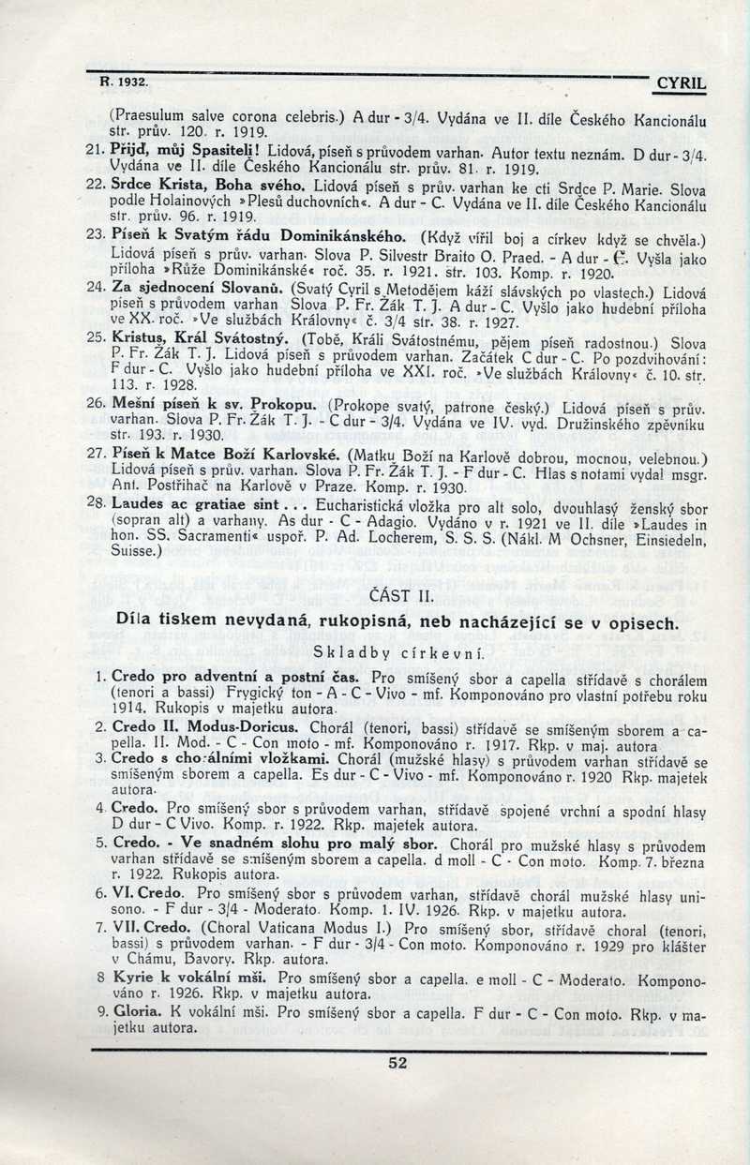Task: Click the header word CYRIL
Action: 682,84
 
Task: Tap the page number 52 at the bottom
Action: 397,1061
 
